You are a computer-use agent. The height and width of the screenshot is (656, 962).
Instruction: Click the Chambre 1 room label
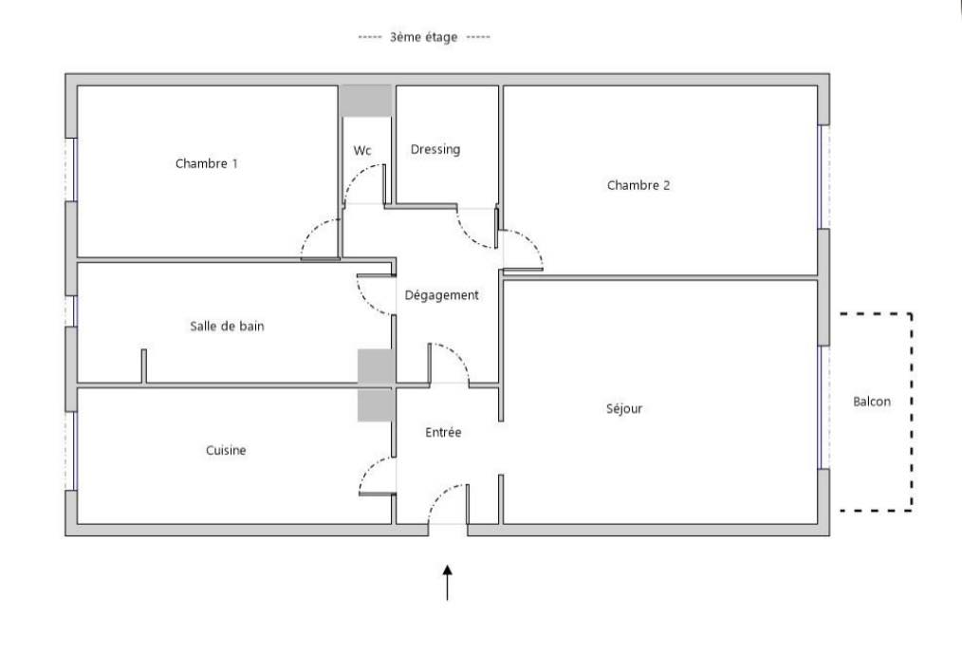206,163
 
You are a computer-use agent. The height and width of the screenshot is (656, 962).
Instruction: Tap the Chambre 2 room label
638,185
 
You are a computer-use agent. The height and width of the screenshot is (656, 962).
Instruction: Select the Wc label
361,151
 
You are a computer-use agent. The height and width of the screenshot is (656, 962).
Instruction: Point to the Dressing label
435,149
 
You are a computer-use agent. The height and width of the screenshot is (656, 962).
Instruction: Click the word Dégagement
441,295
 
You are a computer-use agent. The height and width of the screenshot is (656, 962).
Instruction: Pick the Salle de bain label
227,326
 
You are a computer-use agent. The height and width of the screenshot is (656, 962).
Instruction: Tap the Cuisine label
226,451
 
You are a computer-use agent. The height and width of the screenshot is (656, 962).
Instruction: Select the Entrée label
442,432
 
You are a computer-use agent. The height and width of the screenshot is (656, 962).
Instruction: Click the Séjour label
624,409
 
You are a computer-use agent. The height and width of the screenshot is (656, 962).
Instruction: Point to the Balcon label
872,402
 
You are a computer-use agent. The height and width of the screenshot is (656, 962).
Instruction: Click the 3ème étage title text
423,38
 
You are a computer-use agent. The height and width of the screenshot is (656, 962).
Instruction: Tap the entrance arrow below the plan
447,581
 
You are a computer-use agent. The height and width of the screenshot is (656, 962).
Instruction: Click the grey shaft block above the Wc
366,101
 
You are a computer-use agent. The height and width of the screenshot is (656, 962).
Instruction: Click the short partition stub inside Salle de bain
144,366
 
